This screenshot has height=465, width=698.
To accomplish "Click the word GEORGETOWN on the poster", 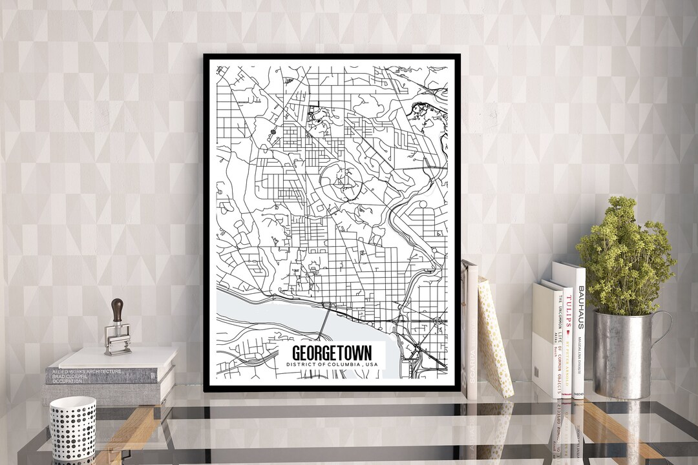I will coord(332,353).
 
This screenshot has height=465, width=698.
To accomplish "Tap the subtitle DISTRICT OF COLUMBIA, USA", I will coord(332,366).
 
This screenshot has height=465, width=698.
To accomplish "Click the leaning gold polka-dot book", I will coord(494,336).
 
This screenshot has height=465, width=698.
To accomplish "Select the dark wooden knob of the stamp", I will coord(117,309).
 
